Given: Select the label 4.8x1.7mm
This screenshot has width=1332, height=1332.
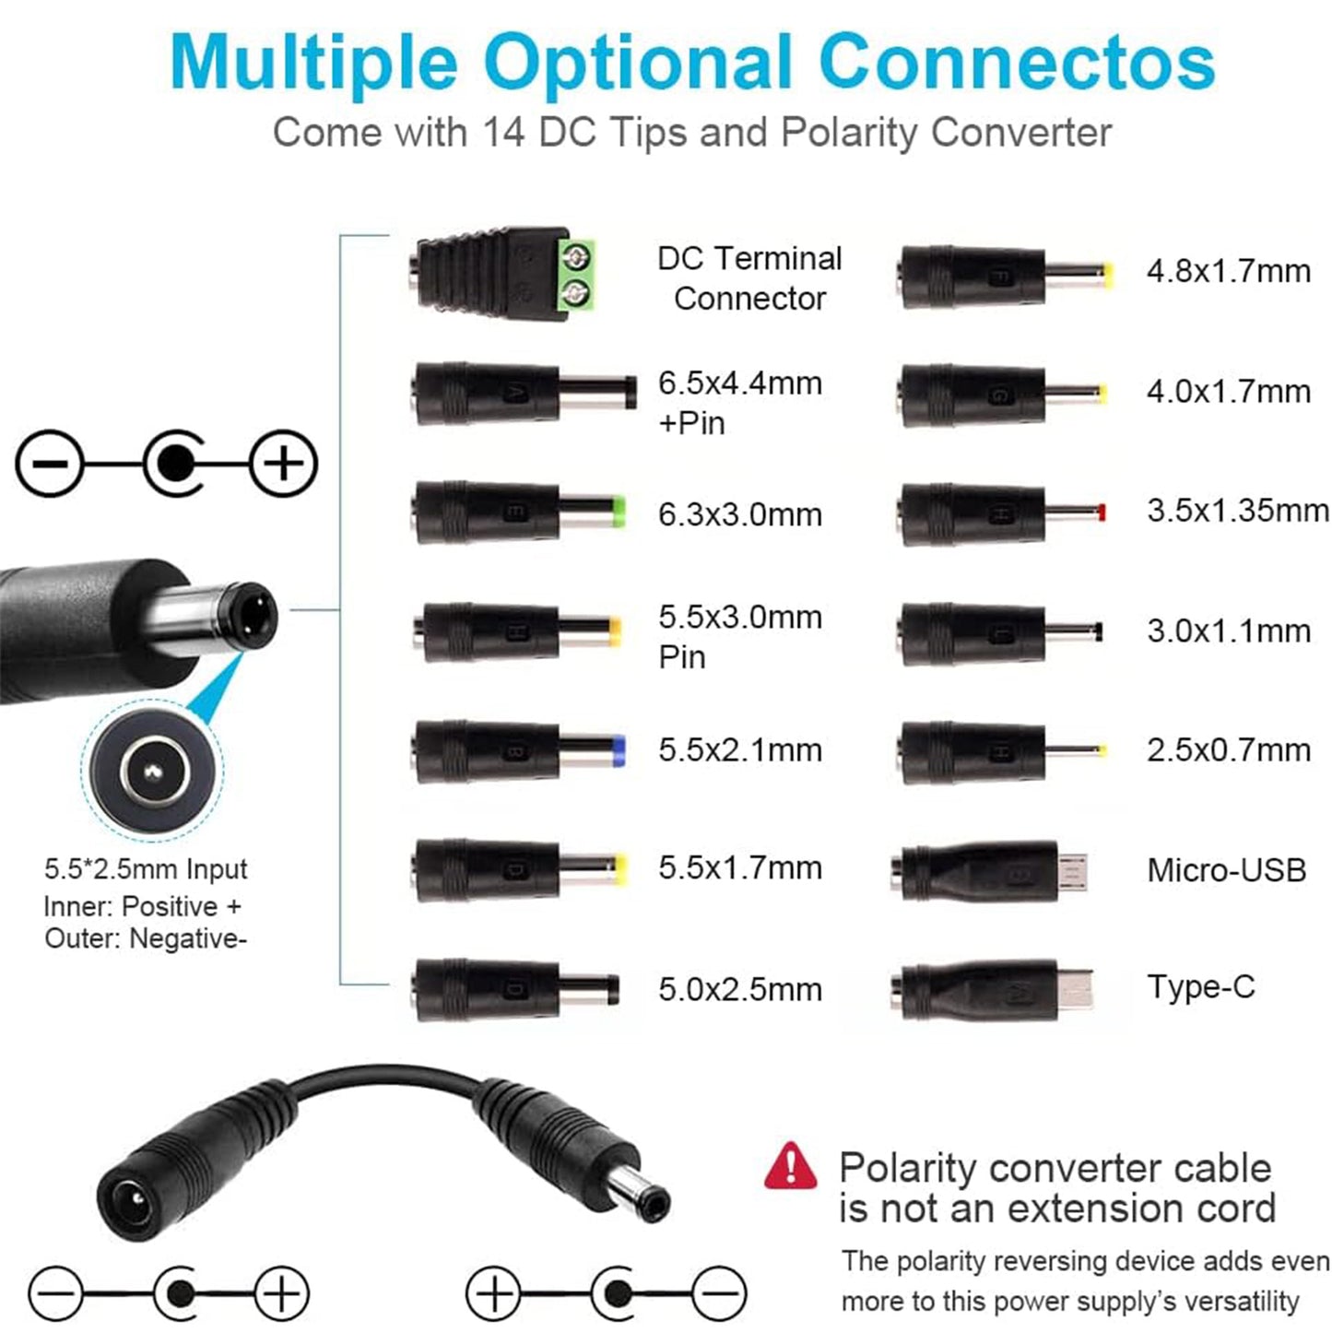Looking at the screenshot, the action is coord(1229,271).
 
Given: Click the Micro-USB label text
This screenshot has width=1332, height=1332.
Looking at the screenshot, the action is coord(1226,870).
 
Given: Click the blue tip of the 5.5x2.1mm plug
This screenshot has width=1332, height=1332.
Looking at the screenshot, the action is coord(619,751).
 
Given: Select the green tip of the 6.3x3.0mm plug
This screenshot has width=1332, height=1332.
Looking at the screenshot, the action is coord(619,513).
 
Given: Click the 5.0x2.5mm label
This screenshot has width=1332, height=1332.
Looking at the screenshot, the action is coord(740,990).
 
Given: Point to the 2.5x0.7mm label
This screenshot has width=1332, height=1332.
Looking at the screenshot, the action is coord(1229,750).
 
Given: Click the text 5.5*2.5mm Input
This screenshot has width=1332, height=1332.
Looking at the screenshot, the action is coord(146,869).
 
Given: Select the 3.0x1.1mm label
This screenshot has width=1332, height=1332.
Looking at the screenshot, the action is coord(1229,631).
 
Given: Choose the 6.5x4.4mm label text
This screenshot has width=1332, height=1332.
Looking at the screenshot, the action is coord(740,383).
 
